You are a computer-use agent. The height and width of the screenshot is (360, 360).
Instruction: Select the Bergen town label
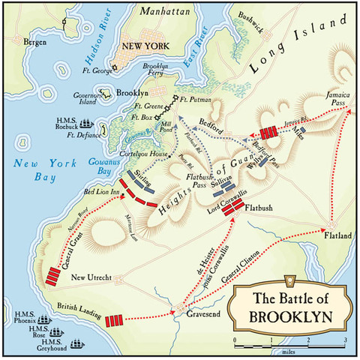click(x=34, y=42)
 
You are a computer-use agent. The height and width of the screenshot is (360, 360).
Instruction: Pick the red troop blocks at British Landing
click(x=114, y=321)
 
